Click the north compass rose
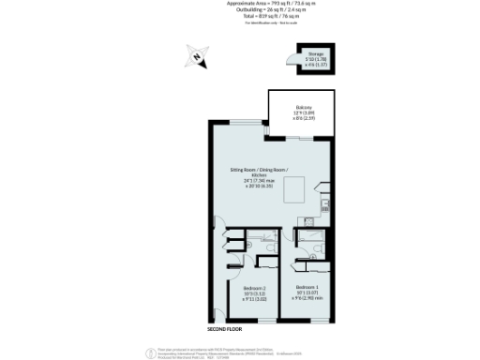pos(197,57)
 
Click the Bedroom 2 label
pos(255,287)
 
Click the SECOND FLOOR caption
pos(226,329)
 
